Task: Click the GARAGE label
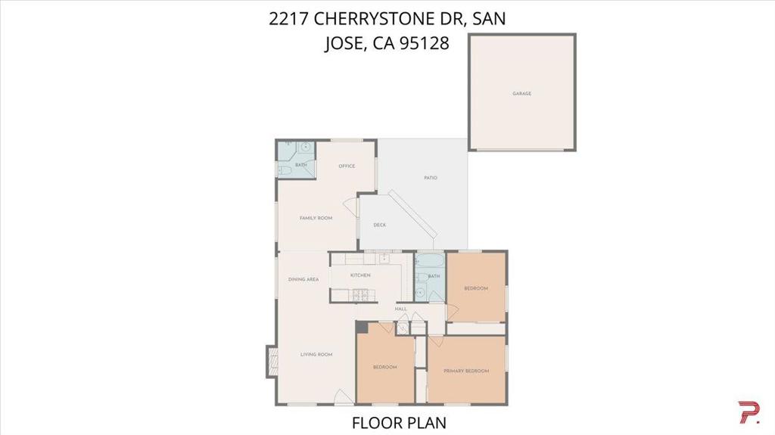click(x=522, y=93)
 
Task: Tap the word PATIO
click(x=431, y=178)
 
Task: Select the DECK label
click(x=380, y=225)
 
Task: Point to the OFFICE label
click(x=347, y=166)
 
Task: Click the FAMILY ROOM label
click(x=316, y=218)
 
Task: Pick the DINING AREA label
click(x=303, y=279)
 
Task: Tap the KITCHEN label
click(x=360, y=275)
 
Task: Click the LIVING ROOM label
click(x=316, y=354)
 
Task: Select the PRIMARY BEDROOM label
click(x=466, y=371)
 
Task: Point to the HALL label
click(x=401, y=309)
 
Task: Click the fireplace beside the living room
click(x=272, y=362)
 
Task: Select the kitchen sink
click(x=384, y=259)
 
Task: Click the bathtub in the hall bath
click(x=428, y=260)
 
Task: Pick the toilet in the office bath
click(x=285, y=171)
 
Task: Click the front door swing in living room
click(x=344, y=397)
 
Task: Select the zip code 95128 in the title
click(x=424, y=43)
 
